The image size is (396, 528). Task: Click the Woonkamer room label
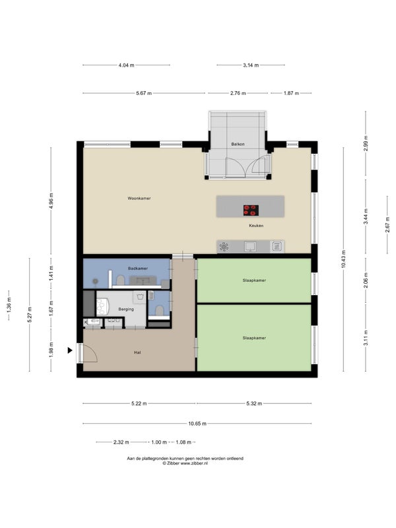[x=139, y=199]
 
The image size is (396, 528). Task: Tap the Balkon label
[x=238, y=144]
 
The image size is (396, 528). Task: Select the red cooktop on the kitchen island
[x=251, y=210]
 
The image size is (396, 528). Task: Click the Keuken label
[x=256, y=226]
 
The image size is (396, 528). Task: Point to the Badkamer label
[x=138, y=269]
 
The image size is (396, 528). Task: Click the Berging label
[x=126, y=309]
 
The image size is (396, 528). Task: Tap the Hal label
[x=137, y=352]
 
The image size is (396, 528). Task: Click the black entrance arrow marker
[x=70, y=350]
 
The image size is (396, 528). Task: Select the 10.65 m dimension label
[x=197, y=424]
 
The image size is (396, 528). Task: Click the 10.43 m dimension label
[x=343, y=259]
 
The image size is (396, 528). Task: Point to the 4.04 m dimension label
[x=126, y=65]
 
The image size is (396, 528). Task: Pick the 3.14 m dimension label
[x=251, y=65]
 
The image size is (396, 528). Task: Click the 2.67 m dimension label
[x=387, y=224]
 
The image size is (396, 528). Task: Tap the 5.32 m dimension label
[x=254, y=403]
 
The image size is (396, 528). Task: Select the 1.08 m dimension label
[x=183, y=442]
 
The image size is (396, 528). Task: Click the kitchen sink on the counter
[x=250, y=246]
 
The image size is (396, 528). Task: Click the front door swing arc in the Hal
[x=94, y=352]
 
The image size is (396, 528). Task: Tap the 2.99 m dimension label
[x=366, y=143]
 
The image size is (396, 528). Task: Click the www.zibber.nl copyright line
[x=185, y=463]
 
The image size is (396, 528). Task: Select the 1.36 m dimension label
[x=9, y=305]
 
